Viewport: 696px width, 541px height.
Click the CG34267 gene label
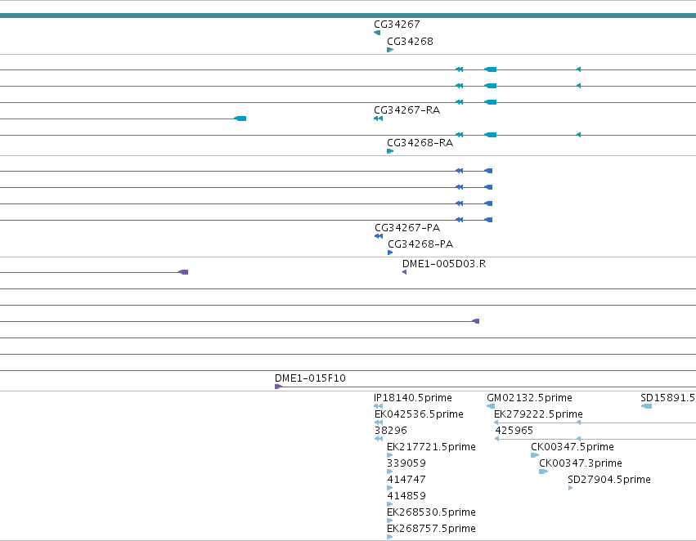pyautogui.click(x=397, y=25)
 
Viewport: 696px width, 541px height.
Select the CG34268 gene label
pyautogui.click(x=410, y=42)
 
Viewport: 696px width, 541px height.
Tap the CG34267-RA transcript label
pyautogui.click(x=407, y=110)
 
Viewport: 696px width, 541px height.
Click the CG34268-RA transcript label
pyautogui.click(x=420, y=143)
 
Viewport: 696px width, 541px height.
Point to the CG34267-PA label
pyautogui.click(x=407, y=228)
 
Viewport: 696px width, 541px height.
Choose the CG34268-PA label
pyautogui.click(x=420, y=244)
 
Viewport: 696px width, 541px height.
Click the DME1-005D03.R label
pyautogui.click(x=444, y=264)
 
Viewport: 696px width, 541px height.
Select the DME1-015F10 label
pyautogui.click(x=310, y=378)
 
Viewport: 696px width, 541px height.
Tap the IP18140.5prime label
pyautogui.click(x=413, y=398)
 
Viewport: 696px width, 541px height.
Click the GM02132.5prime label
pyautogui.click(x=529, y=398)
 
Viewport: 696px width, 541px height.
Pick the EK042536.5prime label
pyautogui.click(x=419, y=414)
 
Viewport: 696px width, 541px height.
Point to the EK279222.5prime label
pyautogui.click(x=538, y=414)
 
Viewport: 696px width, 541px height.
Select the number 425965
pyautogui.click(x=514, y=431)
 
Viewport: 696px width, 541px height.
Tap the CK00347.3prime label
pyautogui.click(x=581, y=463)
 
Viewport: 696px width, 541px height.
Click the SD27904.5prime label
pyautogui.click(x=609, y=480)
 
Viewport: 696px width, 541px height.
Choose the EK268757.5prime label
pyautogui.click(x=432, y=529)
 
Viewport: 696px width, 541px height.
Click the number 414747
pyautogui.click(x=406, y=480)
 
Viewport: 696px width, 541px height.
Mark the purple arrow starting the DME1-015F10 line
pyautogui.click(x=278, y=387)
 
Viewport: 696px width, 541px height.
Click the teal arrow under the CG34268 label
pyautogui.click(x=390, y=50)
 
